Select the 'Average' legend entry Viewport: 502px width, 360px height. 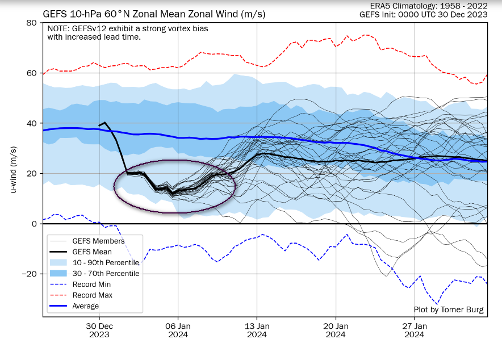click(86, 306)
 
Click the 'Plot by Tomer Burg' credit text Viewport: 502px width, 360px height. click(449, 309)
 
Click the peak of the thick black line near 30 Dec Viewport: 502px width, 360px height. click(105, 122)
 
